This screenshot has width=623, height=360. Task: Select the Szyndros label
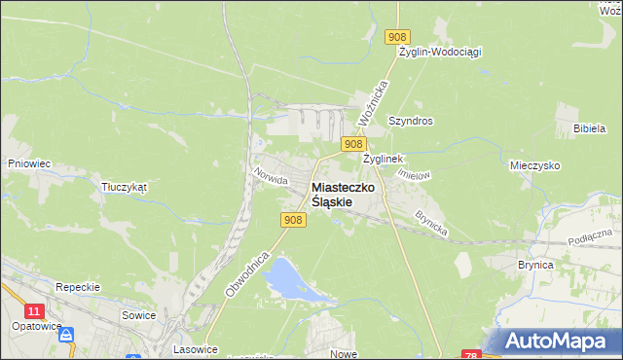pyautogui.click(x=410, y=121)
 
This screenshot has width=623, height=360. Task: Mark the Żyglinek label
pyautogui.click(x=383, y=158)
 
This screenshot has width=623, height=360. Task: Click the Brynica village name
pyautogui.click(x=535, y=265)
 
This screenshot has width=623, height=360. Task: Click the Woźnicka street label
pyautogui.click(x=373, y=101)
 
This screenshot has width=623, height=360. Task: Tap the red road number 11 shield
pyautogui.click(x=35, y=310)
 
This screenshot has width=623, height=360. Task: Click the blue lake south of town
pyautogui.click(x=287, y=278)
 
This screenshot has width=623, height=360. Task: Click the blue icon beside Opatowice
pyautogui.click(x=66, y=335)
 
